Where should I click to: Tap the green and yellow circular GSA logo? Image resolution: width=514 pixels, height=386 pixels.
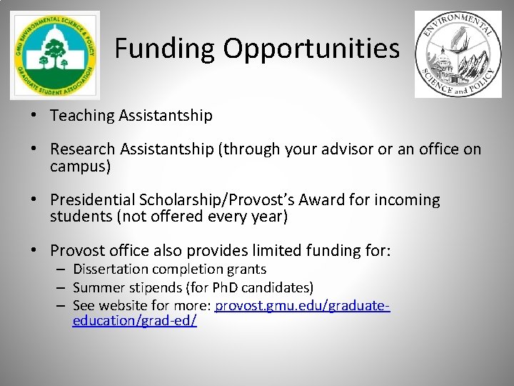click(55, 55)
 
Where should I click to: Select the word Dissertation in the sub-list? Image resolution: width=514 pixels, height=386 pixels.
click(109, 269)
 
